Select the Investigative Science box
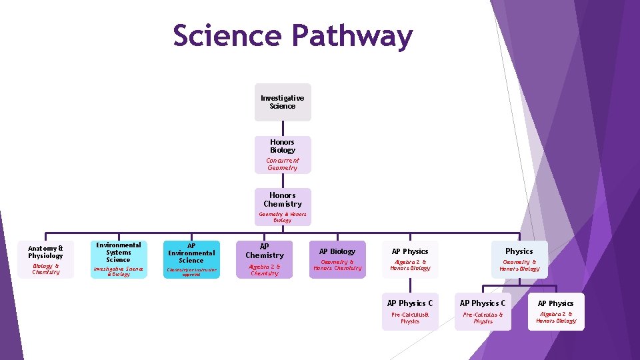[x=283, y=102]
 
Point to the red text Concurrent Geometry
[x=283, y=164]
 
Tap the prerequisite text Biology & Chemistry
[x=45, y=269]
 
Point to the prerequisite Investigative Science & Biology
[x=119, y=271]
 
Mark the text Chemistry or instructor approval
[x=191, y=272]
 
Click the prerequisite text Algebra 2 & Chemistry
[x=265, y=269]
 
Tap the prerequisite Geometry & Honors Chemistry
[x=337, y=265]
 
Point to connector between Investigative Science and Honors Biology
[x=283, y=129]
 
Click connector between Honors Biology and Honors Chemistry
[x=283, y=181]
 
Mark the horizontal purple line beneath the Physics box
[x=520, y=287]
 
